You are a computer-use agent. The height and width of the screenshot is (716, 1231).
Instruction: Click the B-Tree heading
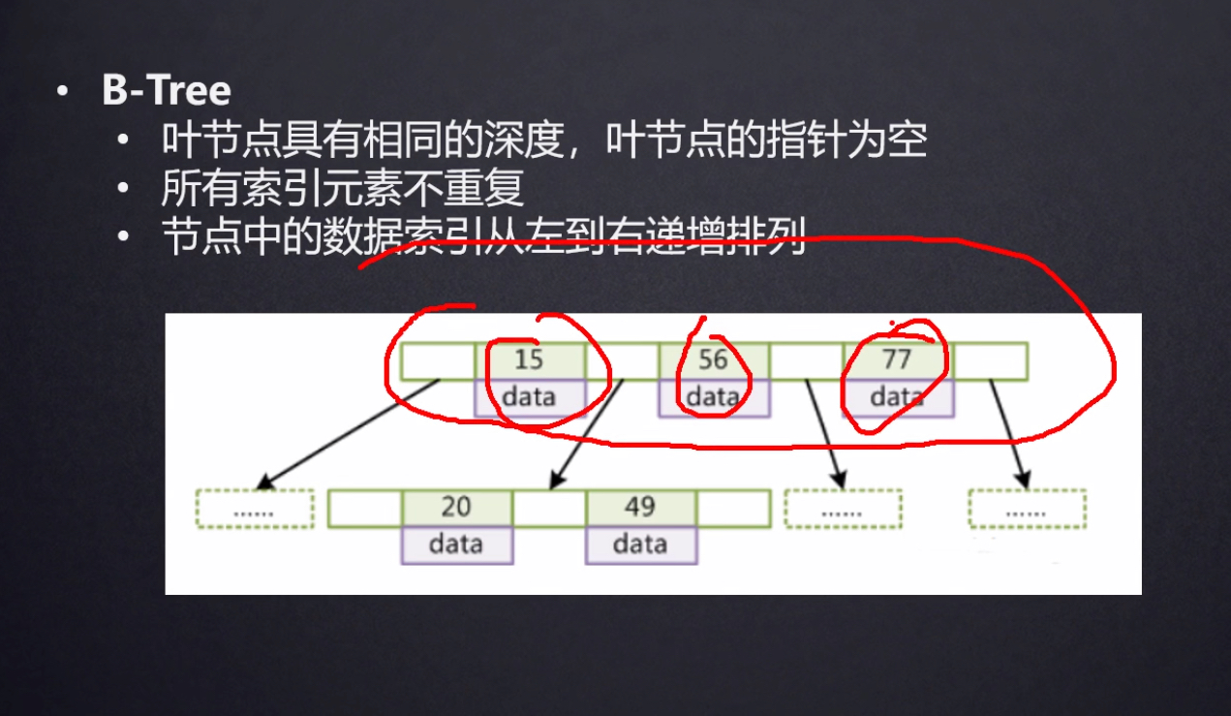(x=167, y=91)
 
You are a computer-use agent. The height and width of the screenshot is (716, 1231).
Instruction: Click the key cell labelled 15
(x=529, y=360)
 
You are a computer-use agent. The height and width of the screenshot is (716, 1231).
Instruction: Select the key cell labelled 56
(x=713, y=360)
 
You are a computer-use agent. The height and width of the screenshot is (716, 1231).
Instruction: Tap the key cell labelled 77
(x=897, y=360)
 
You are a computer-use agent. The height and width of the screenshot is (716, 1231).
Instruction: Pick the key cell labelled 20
(x=456, y=508)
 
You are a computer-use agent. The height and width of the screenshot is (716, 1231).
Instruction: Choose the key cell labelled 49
(x=640, y=508)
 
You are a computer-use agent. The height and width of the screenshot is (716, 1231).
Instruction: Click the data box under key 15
(x=529, y=397)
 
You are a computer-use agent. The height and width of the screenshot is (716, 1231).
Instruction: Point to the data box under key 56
(x=713, y=397)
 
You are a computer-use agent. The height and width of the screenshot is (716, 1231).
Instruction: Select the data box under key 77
(x=897, y=397)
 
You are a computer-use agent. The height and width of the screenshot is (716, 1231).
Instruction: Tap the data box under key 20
(x=456, y=545)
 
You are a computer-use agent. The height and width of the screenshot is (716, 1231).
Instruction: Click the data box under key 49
(x=640, y=545)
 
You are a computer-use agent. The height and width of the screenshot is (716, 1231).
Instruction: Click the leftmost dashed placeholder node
(x=255, y=509)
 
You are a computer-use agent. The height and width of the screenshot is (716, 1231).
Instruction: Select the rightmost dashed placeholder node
(x=1027, y=509)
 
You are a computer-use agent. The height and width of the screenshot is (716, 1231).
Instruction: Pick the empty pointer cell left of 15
(x=438, y=361)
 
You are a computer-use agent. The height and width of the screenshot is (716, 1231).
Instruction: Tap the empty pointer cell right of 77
(x=990, y=361)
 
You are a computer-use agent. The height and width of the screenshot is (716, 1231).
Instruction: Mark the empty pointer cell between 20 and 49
(x=548, y=509)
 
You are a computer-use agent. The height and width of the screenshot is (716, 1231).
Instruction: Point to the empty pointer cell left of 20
(x=365, y=509)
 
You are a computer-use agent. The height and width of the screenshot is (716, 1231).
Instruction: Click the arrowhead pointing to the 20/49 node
(x=555, y=482)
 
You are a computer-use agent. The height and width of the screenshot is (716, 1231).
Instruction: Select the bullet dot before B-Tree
(x=63, y=92)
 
